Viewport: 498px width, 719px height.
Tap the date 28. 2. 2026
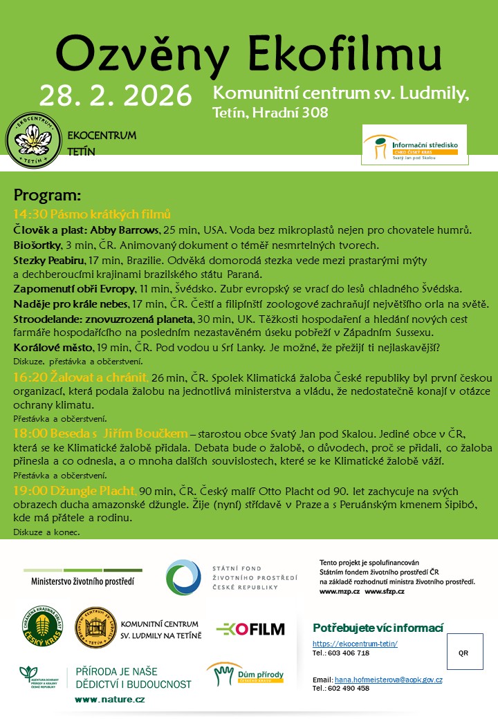coord(116,95)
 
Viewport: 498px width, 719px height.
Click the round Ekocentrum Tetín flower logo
coord(35,144)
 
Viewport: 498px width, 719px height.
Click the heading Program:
coord(48,195)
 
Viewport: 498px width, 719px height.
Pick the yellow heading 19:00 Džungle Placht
coord(74,491)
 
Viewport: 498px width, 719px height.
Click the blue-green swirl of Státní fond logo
coord(182,577)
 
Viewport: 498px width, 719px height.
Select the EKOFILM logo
coord(250,629)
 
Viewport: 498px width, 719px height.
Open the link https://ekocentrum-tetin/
coord(355,644)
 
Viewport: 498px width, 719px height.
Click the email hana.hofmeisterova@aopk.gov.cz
coord(388,680)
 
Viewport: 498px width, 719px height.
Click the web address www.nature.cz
coord(110,700)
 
